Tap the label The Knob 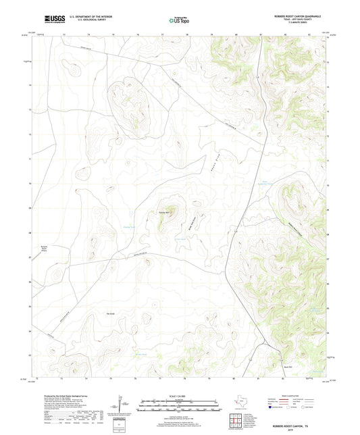[x=111, y=313]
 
